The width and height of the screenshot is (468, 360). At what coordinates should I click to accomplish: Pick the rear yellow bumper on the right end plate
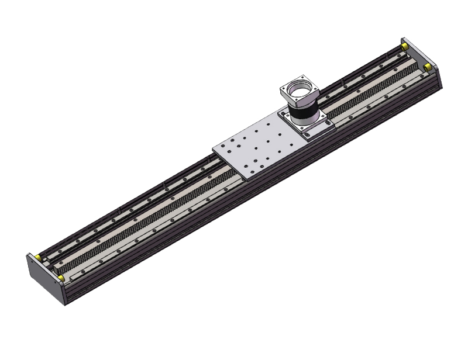[x=404, y=46]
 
